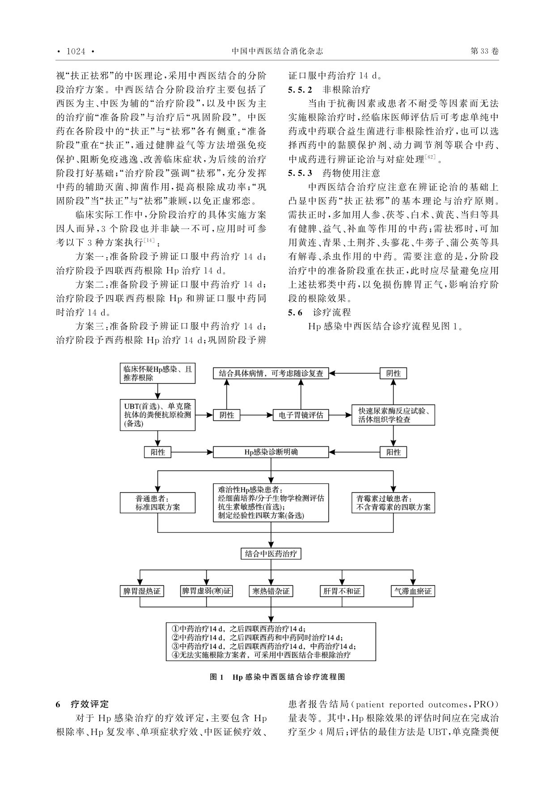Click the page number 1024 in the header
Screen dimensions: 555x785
point(76,51)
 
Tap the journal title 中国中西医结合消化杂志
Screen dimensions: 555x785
point(277,51)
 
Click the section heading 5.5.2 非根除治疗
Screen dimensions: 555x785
point(329,89)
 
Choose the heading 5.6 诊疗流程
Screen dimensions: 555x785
point(319,312)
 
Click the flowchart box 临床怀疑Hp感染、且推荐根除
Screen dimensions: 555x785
point(158,373)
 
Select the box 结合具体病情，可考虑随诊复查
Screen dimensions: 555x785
point(271,373)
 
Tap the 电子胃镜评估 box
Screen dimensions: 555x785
point(301,415)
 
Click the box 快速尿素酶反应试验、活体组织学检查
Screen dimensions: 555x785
point(394,415)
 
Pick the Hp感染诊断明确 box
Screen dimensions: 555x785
point(271,452)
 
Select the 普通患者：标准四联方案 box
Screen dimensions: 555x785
point(158,503)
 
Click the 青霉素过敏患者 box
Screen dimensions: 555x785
point(394,503)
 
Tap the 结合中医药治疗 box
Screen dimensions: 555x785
point(271,554)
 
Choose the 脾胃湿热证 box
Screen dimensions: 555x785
point(140,591)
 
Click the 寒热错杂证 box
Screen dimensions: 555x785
point(271,591)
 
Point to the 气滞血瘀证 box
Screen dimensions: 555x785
point(413,591)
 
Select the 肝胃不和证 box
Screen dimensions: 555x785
point(341,591)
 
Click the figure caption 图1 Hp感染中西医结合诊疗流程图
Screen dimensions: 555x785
point(277,677)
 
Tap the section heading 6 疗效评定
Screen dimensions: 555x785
point(82,704)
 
